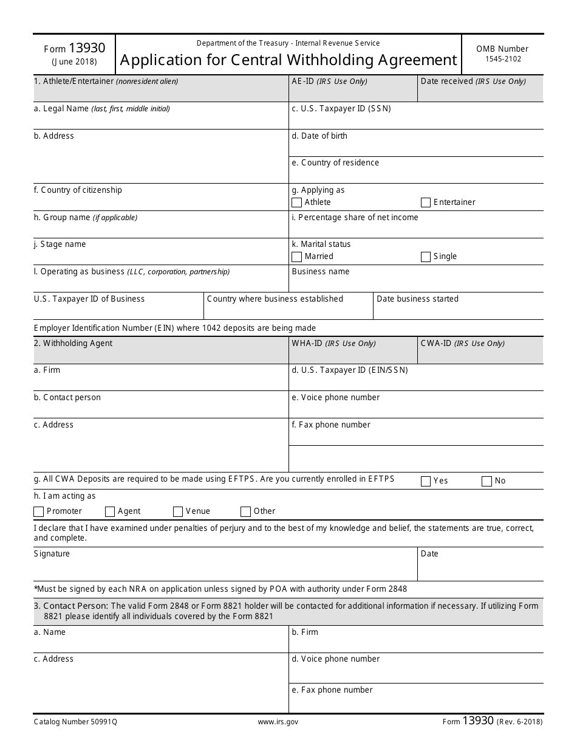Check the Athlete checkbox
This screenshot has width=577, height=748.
coord(296,203)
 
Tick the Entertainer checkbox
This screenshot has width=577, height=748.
coord(425,203)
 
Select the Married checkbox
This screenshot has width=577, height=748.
coord(296,257)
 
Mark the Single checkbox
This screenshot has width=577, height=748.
coord(425,257)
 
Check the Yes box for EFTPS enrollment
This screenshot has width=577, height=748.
coord(425,481)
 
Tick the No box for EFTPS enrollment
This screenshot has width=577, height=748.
coord(486,481)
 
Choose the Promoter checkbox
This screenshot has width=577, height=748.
coord(39,511)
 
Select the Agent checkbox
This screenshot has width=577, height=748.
coord(110,511)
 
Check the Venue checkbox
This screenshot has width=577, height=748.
coord(178,511)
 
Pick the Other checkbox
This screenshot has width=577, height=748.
coord(245,511)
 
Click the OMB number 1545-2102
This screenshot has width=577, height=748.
coord(502,59)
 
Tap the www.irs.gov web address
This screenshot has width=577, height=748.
coord(278,722)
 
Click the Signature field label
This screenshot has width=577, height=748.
coord(52,554)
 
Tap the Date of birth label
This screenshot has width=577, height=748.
coord(319,136)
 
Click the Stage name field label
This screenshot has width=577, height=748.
coord(60,244)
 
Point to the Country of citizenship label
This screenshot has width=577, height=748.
coord(78,190)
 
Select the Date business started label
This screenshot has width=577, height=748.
coord(417,299)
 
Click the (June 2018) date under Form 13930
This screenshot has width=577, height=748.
coord(74,61)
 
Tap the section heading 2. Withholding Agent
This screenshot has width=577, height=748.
coord(73,344)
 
